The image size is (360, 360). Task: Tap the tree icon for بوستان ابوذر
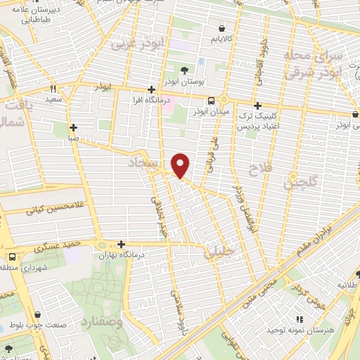(x=184, y=70)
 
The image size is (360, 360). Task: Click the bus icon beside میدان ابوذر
(x=212, y=100)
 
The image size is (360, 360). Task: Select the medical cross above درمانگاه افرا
(x=152, y=89)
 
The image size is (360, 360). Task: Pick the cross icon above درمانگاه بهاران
(x=122, y=243)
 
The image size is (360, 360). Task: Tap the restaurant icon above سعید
(x=53, y=89)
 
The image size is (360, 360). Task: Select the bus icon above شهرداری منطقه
(x=12, y=257)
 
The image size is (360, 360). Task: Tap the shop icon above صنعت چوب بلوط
(x=37, y=314)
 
